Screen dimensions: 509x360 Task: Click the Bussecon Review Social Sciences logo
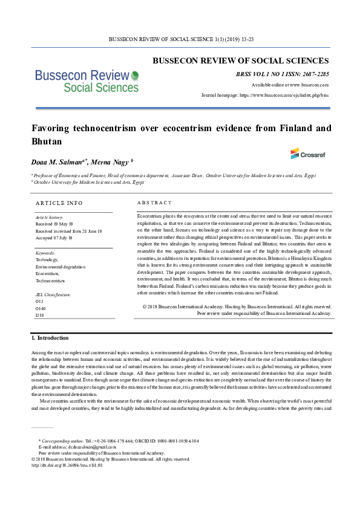[87, 80]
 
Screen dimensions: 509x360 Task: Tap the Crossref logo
[307, 154]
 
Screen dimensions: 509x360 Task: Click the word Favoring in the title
[54, 128]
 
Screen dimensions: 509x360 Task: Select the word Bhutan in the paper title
[46, 140]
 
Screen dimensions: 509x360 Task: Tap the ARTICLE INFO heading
[59, 203]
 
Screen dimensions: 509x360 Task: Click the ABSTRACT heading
[154, 203]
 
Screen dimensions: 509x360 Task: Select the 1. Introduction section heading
[50, 338]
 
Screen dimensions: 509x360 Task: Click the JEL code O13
[39, 300]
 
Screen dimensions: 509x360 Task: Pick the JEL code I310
[40, 315]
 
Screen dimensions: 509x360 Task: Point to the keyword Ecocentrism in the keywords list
[48, 273]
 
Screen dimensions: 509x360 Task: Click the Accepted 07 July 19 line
[54, 238]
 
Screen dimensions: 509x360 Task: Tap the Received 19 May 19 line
[54, 224]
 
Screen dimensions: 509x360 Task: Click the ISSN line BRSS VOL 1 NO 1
[283, 74]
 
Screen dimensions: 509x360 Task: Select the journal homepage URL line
[265, 96]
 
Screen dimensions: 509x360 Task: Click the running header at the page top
[180, 39]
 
